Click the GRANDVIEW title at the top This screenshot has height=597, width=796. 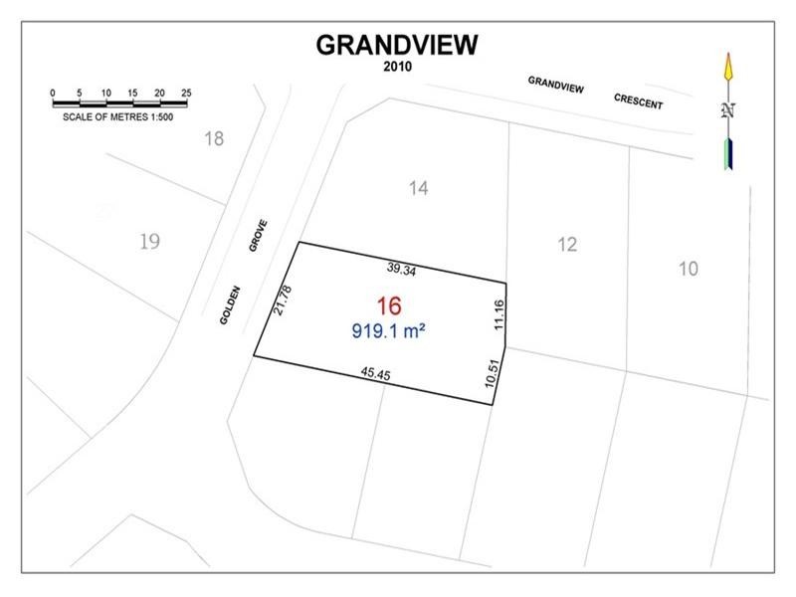pyautogui.click(x=397, y=45)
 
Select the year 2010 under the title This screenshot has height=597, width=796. pyautogui.click(x=397, y=67)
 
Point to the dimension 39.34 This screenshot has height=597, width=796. pyautogui.click(x=402, y=268)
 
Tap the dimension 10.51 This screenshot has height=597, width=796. pyautogui.click(x=488, y=372)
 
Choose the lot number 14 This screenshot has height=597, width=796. pyautogui.click(x=419, y=187)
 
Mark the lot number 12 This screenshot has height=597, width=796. pyautogui.click(x=566, y=244)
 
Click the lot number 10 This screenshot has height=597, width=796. pyautogui.click(x=689, y=268)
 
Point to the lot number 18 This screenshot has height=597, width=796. pyautogui.click(x=214, y=138)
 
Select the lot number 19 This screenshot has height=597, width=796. pyautogui.click(x=150, y=240)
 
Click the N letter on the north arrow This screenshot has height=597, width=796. pyautogui.click(x=728, y=110)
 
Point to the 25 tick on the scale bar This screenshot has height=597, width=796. pyautogui.click(x=186, y=93)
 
